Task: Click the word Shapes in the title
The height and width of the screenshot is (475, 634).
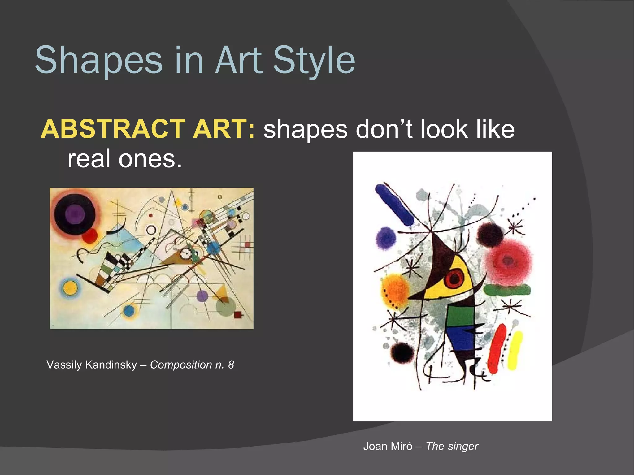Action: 98,60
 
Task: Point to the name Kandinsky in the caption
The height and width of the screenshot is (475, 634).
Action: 111,365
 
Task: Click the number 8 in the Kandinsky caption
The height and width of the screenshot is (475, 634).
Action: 231,365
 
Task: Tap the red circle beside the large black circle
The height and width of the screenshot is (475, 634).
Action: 90,236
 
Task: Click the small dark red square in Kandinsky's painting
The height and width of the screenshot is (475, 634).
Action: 238,315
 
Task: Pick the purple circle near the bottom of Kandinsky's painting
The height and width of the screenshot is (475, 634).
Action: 202,296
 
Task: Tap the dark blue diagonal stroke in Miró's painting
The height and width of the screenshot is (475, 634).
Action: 395,205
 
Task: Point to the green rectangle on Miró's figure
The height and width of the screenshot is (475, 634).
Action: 461,316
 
